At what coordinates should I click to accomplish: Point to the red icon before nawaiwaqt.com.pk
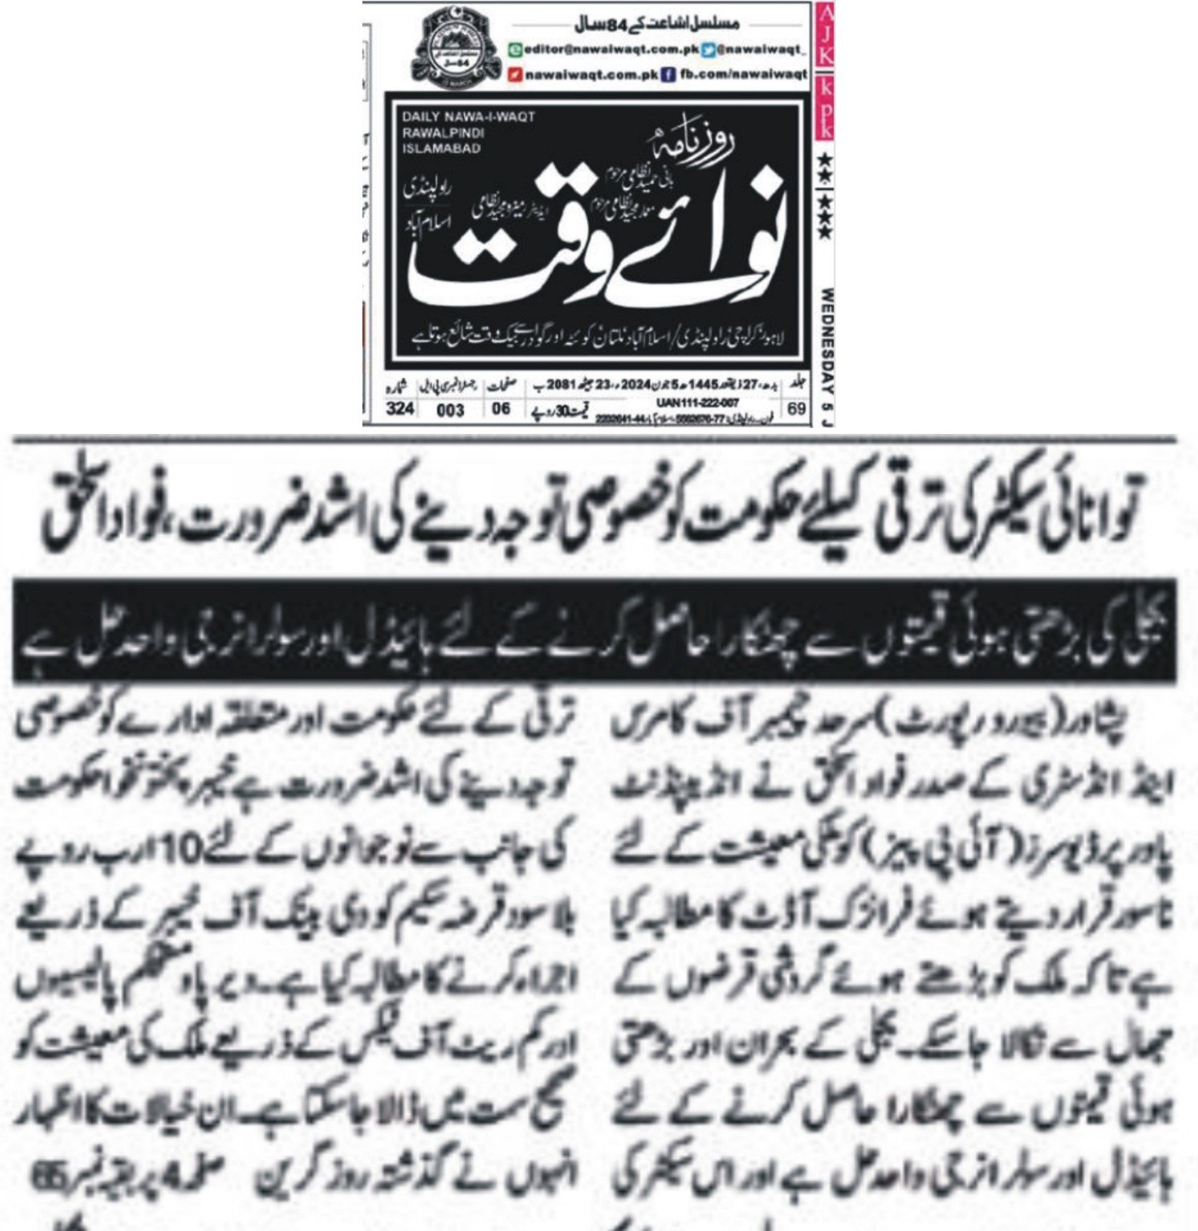[518, 75]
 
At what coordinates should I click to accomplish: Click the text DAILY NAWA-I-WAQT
[468, 116]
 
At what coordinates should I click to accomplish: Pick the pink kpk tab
[824, 108]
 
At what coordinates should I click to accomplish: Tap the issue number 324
[400, 409]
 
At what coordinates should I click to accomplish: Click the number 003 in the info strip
[450, 410]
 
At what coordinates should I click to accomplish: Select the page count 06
[501, 409]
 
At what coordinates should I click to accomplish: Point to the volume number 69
[797, 409]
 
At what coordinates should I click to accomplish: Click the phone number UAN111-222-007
[698, 402]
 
